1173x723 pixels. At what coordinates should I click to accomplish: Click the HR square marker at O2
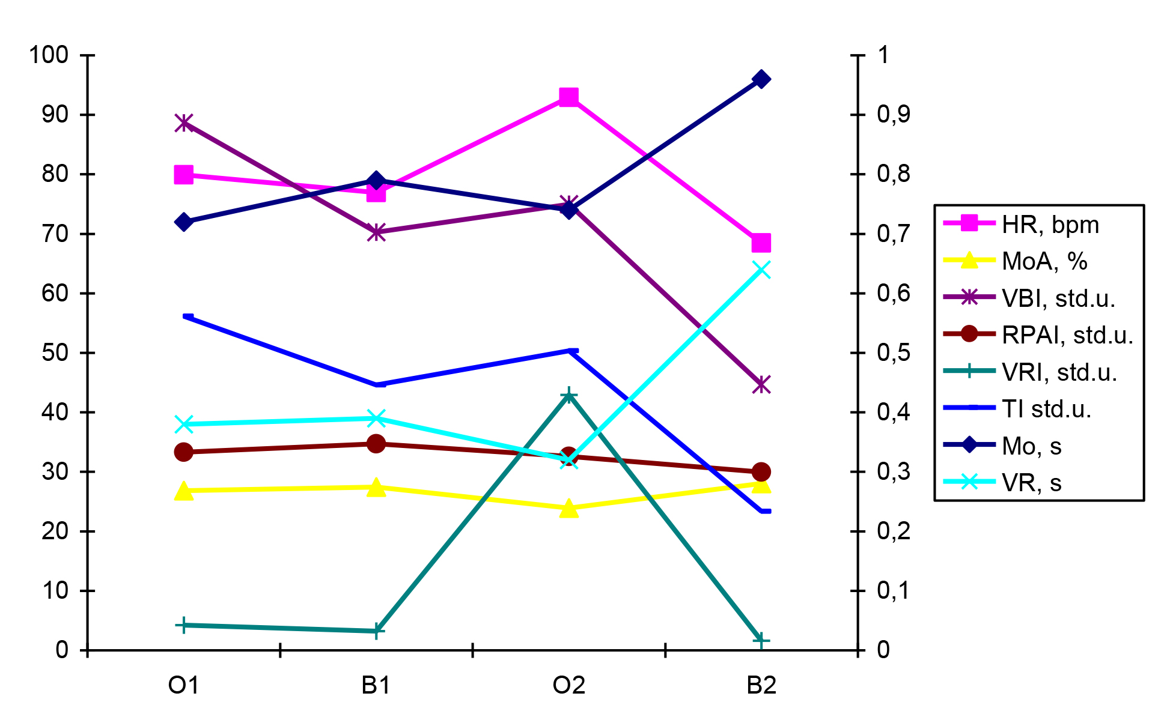(568, 97)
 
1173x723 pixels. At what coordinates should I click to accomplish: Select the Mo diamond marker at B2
(761, 79)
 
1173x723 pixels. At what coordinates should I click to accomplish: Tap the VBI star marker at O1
(184, 123)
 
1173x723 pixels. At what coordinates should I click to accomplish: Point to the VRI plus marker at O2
(568, 395)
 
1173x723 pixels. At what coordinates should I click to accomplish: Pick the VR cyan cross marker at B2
(761, 270)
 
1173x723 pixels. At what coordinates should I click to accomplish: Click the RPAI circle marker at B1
(376, 444)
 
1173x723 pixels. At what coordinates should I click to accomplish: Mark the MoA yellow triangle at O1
(184, 491)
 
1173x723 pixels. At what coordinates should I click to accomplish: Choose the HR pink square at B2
(761, 243)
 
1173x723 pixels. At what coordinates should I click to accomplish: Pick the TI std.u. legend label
(1046, 409)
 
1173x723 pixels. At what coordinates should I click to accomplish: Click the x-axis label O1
(183, 685)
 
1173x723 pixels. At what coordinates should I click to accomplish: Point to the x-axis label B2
(761, 685)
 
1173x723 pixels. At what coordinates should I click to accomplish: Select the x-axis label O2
(568, 685)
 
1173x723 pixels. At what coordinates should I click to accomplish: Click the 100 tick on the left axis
(49, 55)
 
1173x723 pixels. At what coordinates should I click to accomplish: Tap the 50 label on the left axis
(55, 352)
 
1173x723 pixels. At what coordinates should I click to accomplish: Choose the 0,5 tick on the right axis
(893, 352)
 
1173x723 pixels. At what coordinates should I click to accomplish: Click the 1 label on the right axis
(883, 55)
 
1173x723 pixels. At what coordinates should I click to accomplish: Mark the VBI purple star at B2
(761, 385)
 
